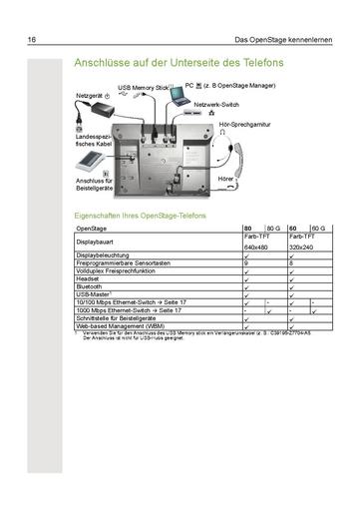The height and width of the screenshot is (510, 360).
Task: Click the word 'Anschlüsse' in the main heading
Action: click(104, 64)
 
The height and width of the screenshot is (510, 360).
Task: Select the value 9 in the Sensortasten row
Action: click(246, 262)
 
